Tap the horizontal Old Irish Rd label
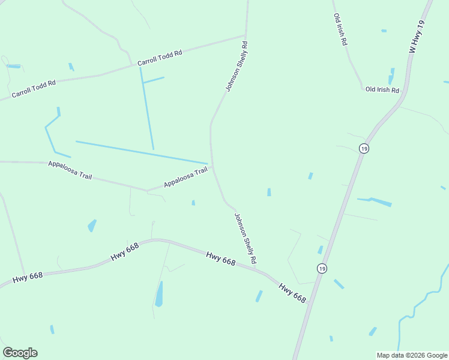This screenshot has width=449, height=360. (382, 90)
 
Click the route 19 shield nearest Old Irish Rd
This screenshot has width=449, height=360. (363, 148)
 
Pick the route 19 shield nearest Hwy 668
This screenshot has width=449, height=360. (322, 268)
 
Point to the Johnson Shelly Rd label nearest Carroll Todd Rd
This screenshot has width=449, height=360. (237, 66)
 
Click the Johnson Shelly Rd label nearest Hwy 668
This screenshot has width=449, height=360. (246, 239)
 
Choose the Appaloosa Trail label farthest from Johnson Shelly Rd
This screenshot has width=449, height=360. (70, 171)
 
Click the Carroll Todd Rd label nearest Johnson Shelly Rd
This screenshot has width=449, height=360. (160, 58)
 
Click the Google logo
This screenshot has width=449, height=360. (20, 353)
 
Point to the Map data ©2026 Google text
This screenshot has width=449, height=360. (412, 355)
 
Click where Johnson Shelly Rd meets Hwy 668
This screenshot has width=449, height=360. (262, 271)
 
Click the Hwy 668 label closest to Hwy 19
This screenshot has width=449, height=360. (292, 292)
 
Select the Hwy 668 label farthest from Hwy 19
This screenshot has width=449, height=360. (28, 277)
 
